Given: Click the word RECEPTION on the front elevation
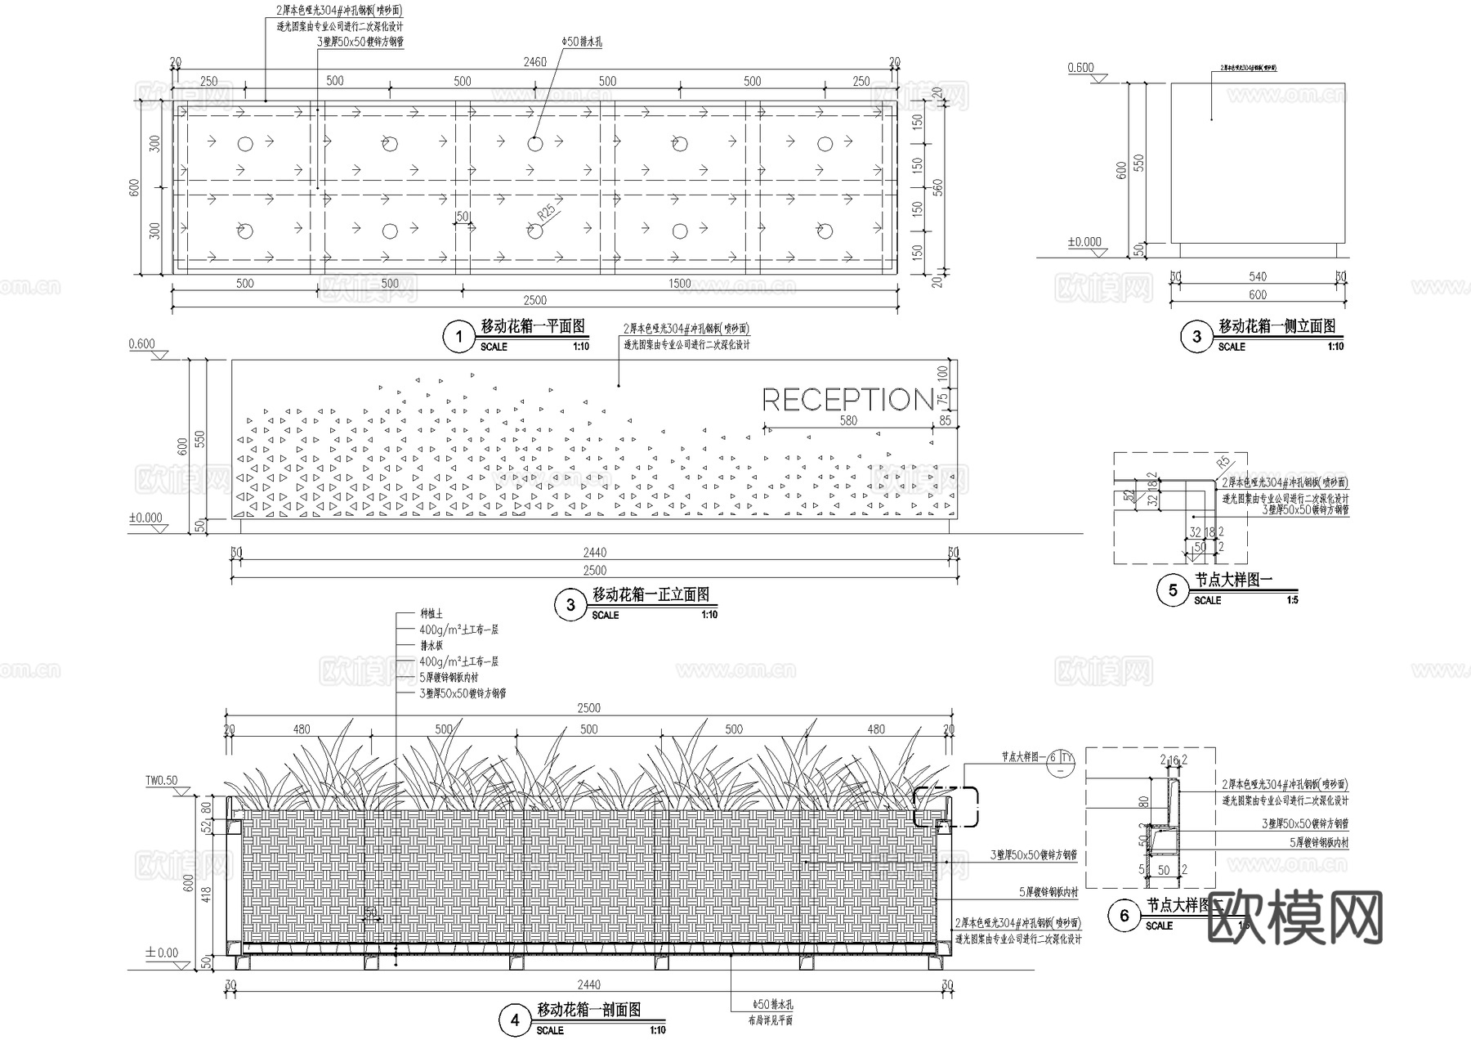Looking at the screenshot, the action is pyautogui.click(x=847, y=400).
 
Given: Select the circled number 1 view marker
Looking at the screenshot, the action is pyautogui.click(x=459, y=337).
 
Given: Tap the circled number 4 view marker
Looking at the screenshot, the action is pyautogui.click(x=515, y=1020).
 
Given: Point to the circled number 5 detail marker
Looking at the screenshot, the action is pyautogui.click(x=1173, y=590).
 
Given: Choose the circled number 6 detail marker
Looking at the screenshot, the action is pyautogui.click(x=1124, y=916).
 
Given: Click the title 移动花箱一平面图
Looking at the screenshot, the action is pyautogui.click(x=533, y=326).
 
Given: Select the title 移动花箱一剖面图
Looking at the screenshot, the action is pyautogui.click(x=588, y=1011).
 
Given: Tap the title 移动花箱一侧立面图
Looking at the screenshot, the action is pyautogui.click(x=1277, y=326).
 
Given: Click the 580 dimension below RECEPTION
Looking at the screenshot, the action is pyautogui.click(x=848, y=420).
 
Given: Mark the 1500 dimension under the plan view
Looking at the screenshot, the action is pyautogui.click(x=679, y=284).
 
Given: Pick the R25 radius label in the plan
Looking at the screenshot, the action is pyautogui.click(x=546, y=213).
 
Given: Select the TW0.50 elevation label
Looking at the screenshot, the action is pyautogui.click(x=161, y=781).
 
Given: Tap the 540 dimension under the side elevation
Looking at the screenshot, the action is pyautogui.click(x=1258, y=278).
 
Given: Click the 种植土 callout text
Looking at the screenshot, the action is pyautogui.click(x=431, y=614).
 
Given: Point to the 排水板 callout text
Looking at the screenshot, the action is pyautogui.click(x=431, y=646).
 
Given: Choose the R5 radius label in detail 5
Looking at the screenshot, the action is pyautogui.click(x=1223, y=462).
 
